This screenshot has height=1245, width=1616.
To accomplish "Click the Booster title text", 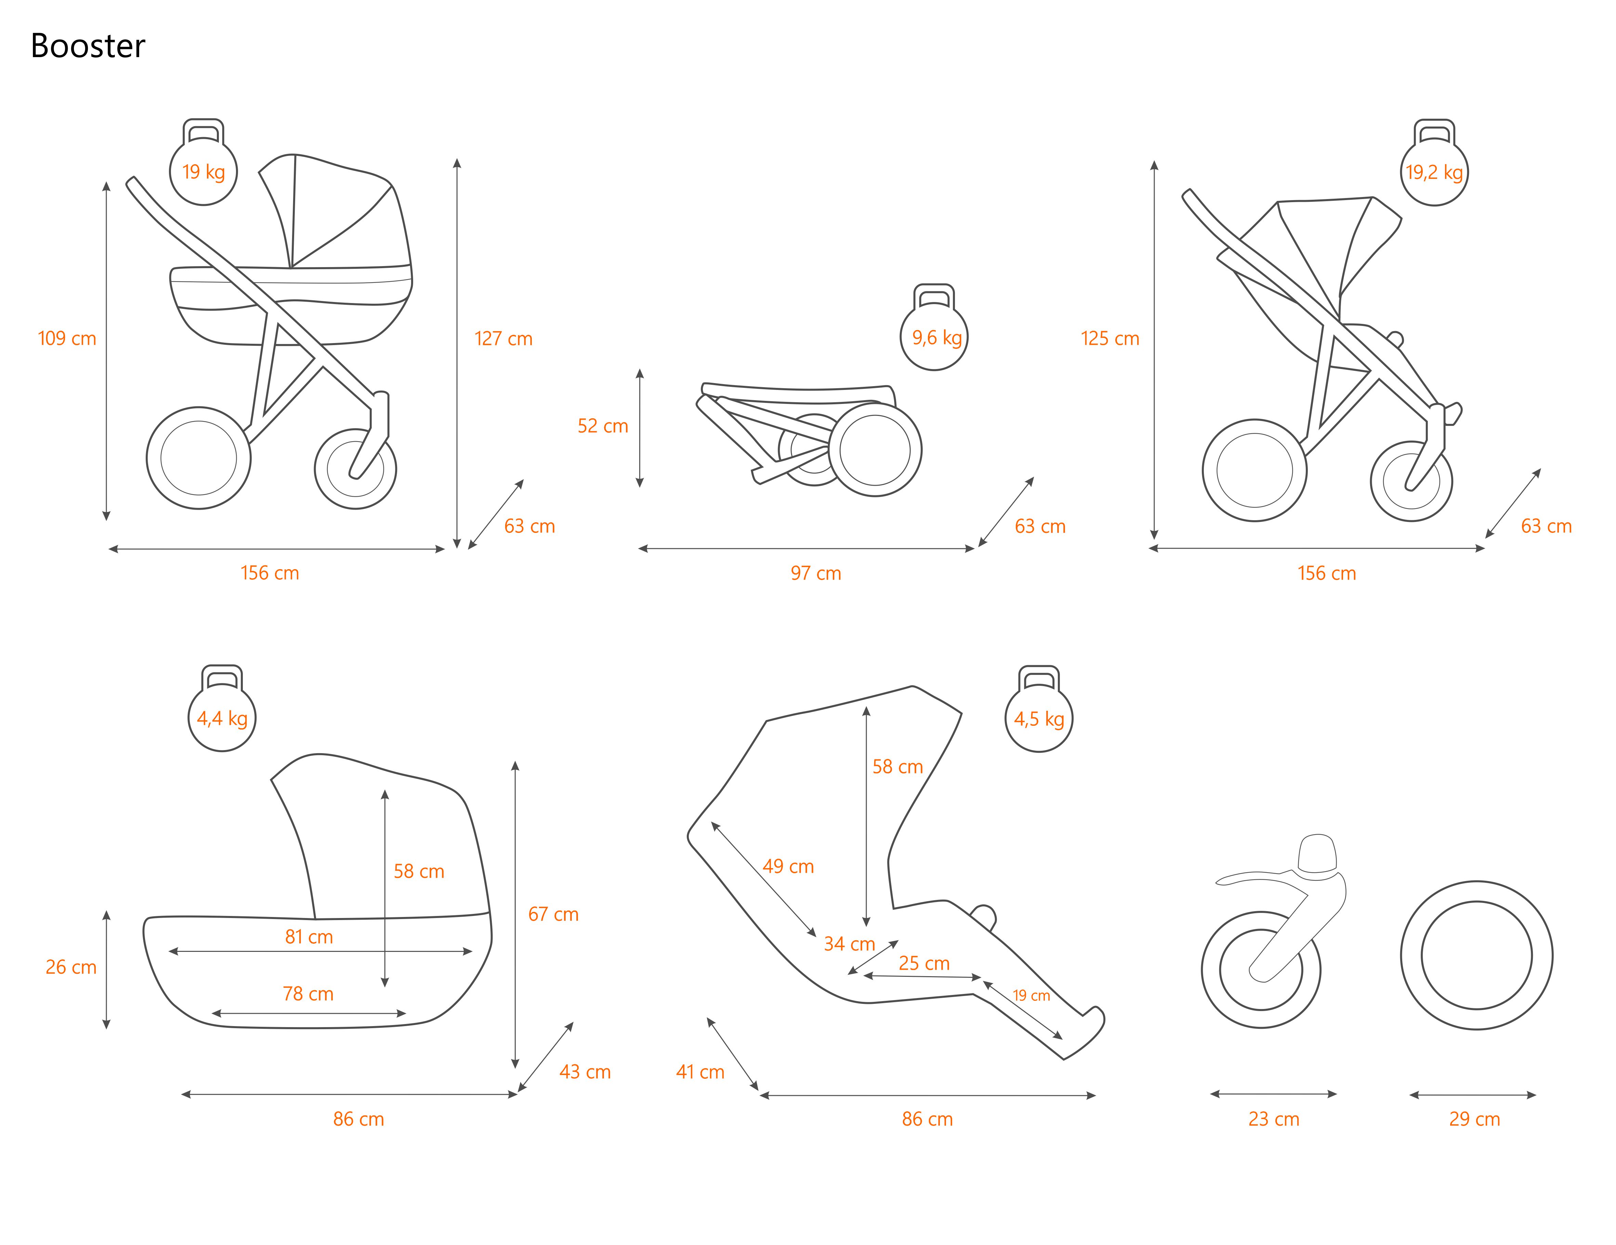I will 88,46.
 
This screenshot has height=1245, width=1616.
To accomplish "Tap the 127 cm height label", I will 503,338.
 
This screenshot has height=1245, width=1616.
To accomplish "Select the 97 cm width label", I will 815,573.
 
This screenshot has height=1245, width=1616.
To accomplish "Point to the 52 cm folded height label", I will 602,425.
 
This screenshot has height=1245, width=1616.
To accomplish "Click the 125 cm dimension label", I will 1110,338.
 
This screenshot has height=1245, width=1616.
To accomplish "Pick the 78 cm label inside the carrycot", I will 308,993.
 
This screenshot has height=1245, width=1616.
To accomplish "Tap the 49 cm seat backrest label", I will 788,866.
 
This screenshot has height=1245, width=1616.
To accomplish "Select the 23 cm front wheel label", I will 1273,1118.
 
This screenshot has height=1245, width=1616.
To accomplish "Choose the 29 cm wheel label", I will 1474,1118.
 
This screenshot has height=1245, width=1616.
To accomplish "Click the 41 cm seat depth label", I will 700,1071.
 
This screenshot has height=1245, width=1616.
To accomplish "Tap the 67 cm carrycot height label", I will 553,914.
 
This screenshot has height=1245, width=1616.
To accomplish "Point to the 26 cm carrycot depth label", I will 71,967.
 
